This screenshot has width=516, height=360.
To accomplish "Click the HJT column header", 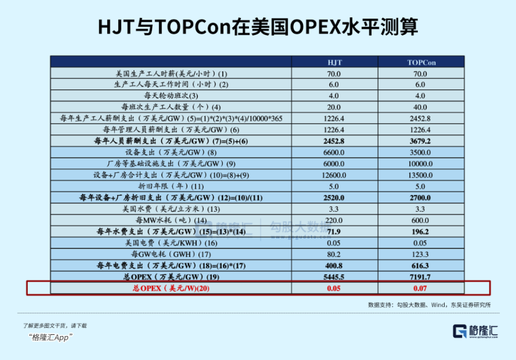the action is pos(335,63).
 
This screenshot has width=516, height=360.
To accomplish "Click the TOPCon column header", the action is pos(421,63).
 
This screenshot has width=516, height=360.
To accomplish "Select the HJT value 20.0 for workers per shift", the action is pos(333,107).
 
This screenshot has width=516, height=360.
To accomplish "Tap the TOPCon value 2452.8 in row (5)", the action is pos(420,119).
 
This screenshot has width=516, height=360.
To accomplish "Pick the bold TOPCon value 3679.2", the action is pos(420,141).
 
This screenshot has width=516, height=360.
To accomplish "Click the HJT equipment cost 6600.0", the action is pos(333,152).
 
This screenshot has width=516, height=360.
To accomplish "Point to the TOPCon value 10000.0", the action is pos(420,164).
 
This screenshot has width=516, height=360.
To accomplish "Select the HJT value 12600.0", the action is pos(333,175).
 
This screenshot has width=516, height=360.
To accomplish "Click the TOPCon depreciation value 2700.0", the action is pos(420,198).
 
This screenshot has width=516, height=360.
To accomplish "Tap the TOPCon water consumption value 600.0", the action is pos(420,221).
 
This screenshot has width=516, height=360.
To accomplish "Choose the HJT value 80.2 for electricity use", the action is pos(333,254).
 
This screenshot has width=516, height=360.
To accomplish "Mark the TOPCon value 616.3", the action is pos(420,266).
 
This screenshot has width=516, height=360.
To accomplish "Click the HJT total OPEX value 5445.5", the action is pos(333,277).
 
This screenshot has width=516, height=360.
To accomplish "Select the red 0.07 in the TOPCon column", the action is pos(420,289).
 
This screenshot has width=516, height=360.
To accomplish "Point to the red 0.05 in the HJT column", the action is pos(333,289).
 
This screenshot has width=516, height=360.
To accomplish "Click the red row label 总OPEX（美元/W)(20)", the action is pos(171,289).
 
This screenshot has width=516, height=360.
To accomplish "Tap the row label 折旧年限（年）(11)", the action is pos(171,186).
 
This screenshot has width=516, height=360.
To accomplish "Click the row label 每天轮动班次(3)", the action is pos(171,96).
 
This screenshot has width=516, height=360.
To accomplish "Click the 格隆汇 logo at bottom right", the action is pos(475,331).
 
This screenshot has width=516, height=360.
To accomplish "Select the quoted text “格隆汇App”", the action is pos(50,337).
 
